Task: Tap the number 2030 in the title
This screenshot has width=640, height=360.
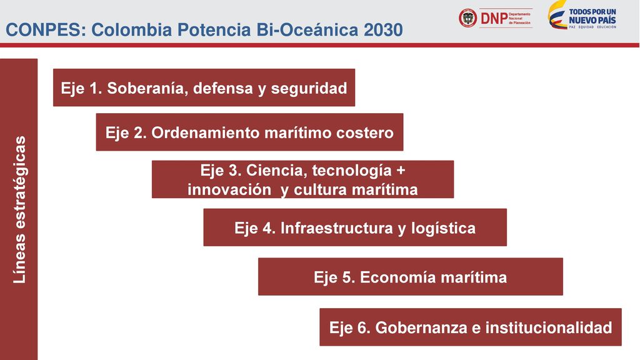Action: point(383,30)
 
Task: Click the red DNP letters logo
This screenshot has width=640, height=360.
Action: point(494,18)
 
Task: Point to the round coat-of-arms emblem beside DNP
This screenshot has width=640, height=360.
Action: point(467,18)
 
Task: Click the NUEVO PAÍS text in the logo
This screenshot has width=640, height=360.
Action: point(592,20)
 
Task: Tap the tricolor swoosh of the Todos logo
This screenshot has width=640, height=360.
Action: point(557,15)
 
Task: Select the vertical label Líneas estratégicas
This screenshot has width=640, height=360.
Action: point(19,209)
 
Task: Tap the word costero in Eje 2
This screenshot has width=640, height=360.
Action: point(365,132)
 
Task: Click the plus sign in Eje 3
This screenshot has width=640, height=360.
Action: point(401,170)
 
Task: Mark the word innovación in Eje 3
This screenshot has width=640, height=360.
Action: point(229,189)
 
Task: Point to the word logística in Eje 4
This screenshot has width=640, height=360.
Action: point(443,227)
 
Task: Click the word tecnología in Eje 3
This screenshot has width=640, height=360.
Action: point(352,170)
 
